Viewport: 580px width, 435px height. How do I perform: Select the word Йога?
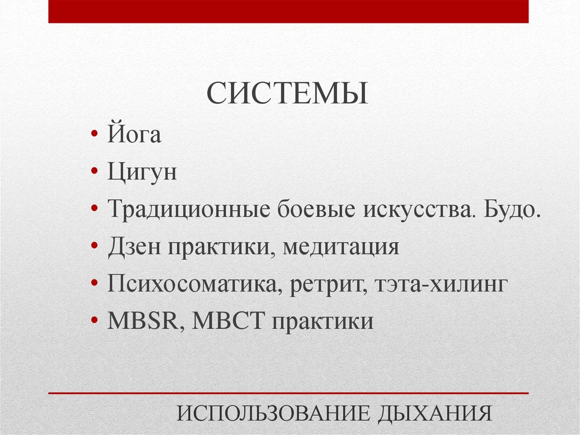[x=134, y=136]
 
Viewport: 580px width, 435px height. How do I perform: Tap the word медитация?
[x=342, y=247]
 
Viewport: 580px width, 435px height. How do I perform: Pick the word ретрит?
[x=327, y=284]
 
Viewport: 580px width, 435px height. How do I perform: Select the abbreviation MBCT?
[x=229, y=322]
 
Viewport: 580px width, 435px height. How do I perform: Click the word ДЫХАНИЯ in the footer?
[x=432, y=413]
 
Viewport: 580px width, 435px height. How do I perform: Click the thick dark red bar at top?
[x=288, y=11]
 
